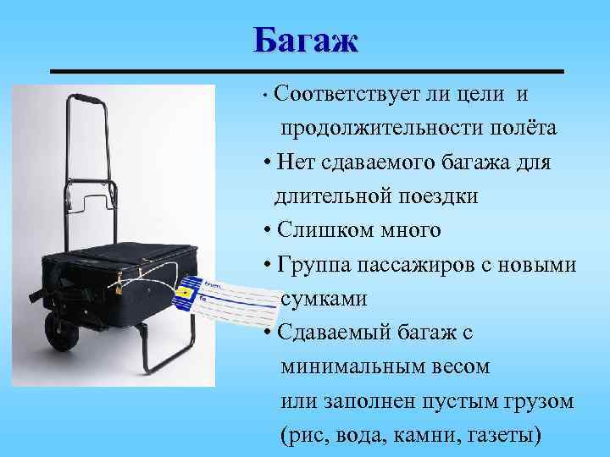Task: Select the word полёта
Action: pos(526,127)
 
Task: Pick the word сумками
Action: pos(324,299)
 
